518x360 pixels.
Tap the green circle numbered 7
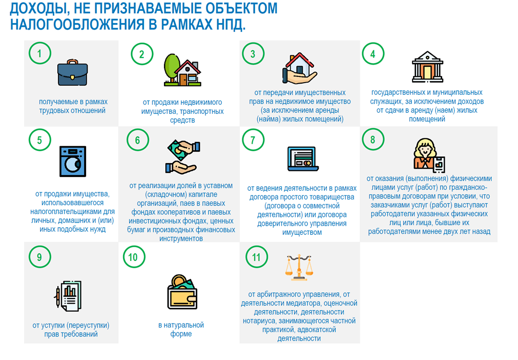(253, 139)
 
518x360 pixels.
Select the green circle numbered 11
(256, 257)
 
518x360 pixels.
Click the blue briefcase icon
(72, 73)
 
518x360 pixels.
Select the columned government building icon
(426, 67)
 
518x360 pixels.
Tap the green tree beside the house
(172, 67)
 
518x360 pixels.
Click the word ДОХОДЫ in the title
(36, 9)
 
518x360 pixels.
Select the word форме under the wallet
(181, 334)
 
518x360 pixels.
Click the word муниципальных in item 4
(455, 93)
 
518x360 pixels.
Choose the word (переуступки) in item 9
(84, 326)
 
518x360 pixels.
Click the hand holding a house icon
(300, 69)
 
